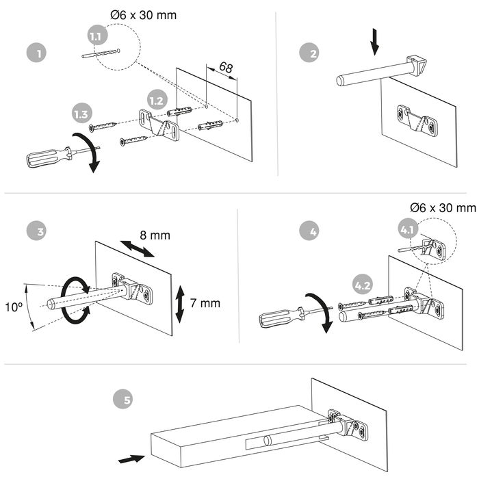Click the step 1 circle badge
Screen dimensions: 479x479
[40, 53]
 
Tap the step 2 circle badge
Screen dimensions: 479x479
[313, 53]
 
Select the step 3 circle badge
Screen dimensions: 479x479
[40, 231]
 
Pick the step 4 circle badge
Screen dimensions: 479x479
[313, 231]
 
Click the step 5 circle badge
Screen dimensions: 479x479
[127, 398]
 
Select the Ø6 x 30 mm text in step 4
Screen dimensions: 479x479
[442, 207]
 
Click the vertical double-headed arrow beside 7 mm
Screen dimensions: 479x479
[179, 303]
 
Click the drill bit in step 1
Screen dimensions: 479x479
[100, 53]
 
